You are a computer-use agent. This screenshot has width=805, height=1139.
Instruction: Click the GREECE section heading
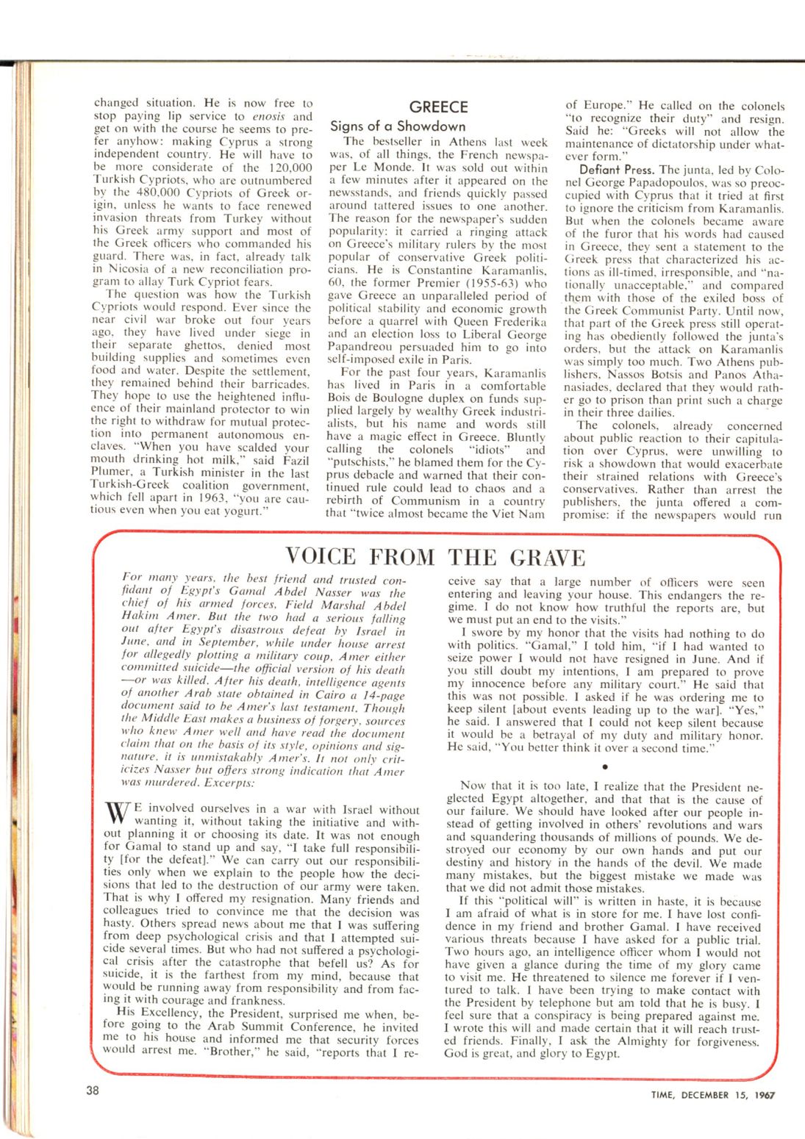pos(439,107)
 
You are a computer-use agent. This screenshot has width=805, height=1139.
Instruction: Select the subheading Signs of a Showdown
pos(398,126)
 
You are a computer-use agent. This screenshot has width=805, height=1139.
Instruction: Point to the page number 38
pos(92,1091)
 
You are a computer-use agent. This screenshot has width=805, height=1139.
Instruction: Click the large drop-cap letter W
pos(119,815)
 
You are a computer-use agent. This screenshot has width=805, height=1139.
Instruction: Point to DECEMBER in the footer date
pos(713,1095)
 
